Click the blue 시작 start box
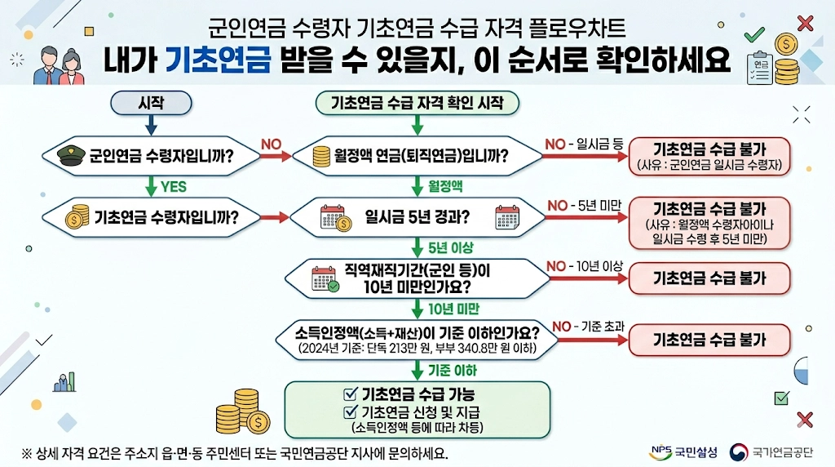coord(151,103)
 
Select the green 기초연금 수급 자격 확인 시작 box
coord(417,103)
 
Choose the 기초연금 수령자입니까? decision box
coord(151,217)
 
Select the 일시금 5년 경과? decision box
coord(417,217)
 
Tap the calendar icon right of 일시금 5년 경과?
coord(507,217)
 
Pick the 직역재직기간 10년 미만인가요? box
coord(417,278)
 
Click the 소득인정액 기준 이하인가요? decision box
coord(417,340)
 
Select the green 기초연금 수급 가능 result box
coord(417,409)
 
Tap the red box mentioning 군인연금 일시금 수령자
coord(709,155)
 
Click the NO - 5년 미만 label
coord(584,206)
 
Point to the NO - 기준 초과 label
coord(589,327)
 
